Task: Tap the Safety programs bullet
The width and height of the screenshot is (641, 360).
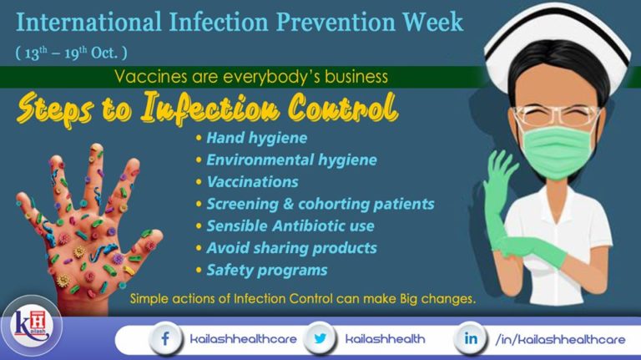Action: tap(266, 270)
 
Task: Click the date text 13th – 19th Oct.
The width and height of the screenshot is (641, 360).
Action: tap(71, 52)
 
